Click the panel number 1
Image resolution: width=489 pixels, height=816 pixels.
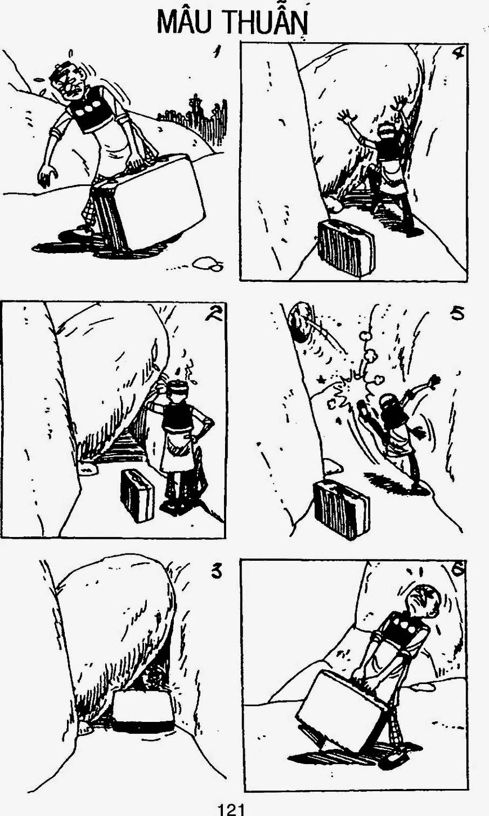[x=217, y=52]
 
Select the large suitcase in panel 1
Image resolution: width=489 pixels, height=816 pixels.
[x=153, y=202]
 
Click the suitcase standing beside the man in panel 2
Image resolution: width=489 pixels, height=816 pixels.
[x=137, y=495]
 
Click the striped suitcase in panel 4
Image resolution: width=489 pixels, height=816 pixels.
[x=346, y=248]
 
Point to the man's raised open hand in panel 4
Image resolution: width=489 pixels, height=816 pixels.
[x=346, y=118]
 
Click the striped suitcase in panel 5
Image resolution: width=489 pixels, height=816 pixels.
[x=341, y=509]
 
